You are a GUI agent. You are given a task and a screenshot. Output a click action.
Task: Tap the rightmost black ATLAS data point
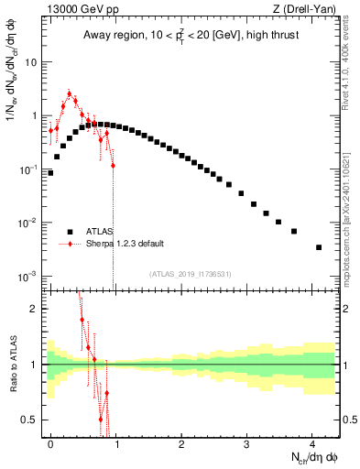319,247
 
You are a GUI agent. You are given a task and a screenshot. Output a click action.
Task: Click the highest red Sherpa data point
70,93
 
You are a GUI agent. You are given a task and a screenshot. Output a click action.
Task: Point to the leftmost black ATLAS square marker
50,172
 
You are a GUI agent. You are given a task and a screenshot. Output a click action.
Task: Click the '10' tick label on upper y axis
32,63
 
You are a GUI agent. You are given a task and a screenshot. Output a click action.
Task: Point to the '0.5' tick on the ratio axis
30,420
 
